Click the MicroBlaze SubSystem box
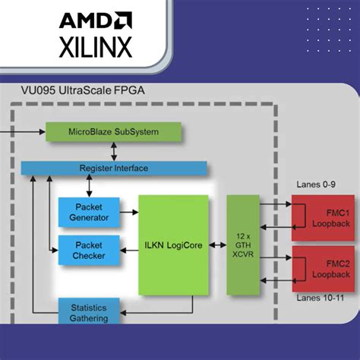[x=113, y=131]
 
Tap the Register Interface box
[x=113, y=167]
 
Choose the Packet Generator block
[x=89, y=212]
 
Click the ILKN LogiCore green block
[x=172, y=245]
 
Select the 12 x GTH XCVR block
[x=243, y=245]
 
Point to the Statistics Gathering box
[x=89, y=312]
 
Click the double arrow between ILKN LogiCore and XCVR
[x=217, y=245]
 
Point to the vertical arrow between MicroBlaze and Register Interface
[x=113, y=150]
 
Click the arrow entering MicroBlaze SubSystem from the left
[x=30, y=131]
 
